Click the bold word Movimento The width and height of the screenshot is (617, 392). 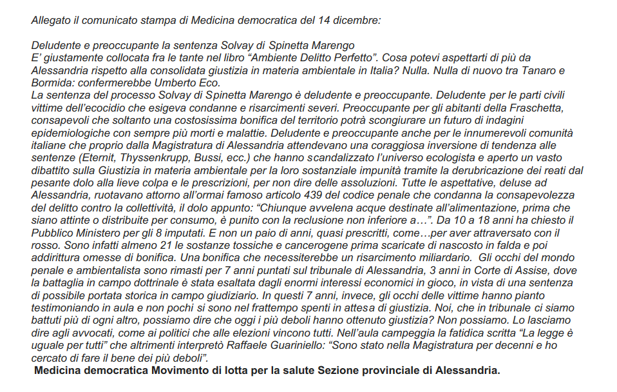185,371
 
